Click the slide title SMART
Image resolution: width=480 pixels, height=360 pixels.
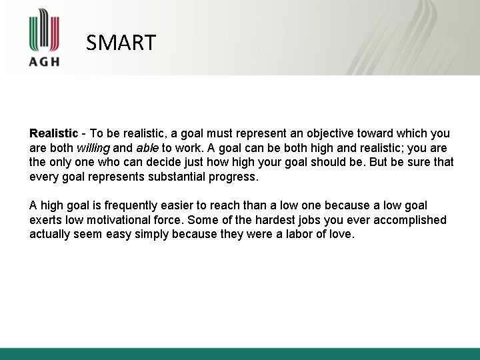coord(121,43)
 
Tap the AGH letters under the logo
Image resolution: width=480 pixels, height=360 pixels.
coord(45,61)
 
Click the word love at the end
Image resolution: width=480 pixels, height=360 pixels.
coord(341,235)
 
